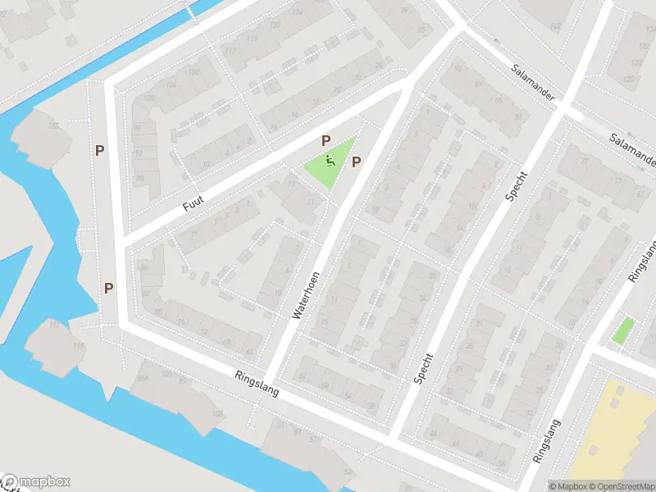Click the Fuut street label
(194, 199)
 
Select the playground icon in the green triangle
(330, 162)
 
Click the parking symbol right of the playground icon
(356, 162)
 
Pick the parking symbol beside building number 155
(99, 150)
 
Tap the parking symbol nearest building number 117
(108, 288)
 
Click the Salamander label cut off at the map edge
(634, 148)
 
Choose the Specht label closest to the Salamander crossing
(515, 187)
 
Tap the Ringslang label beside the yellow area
(547, 442)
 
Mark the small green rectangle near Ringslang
(623, 330)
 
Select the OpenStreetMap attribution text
(622, 486)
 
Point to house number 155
(53, 125)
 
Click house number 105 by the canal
(217, 414)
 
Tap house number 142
(556, 27)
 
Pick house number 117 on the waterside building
(55, 326)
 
